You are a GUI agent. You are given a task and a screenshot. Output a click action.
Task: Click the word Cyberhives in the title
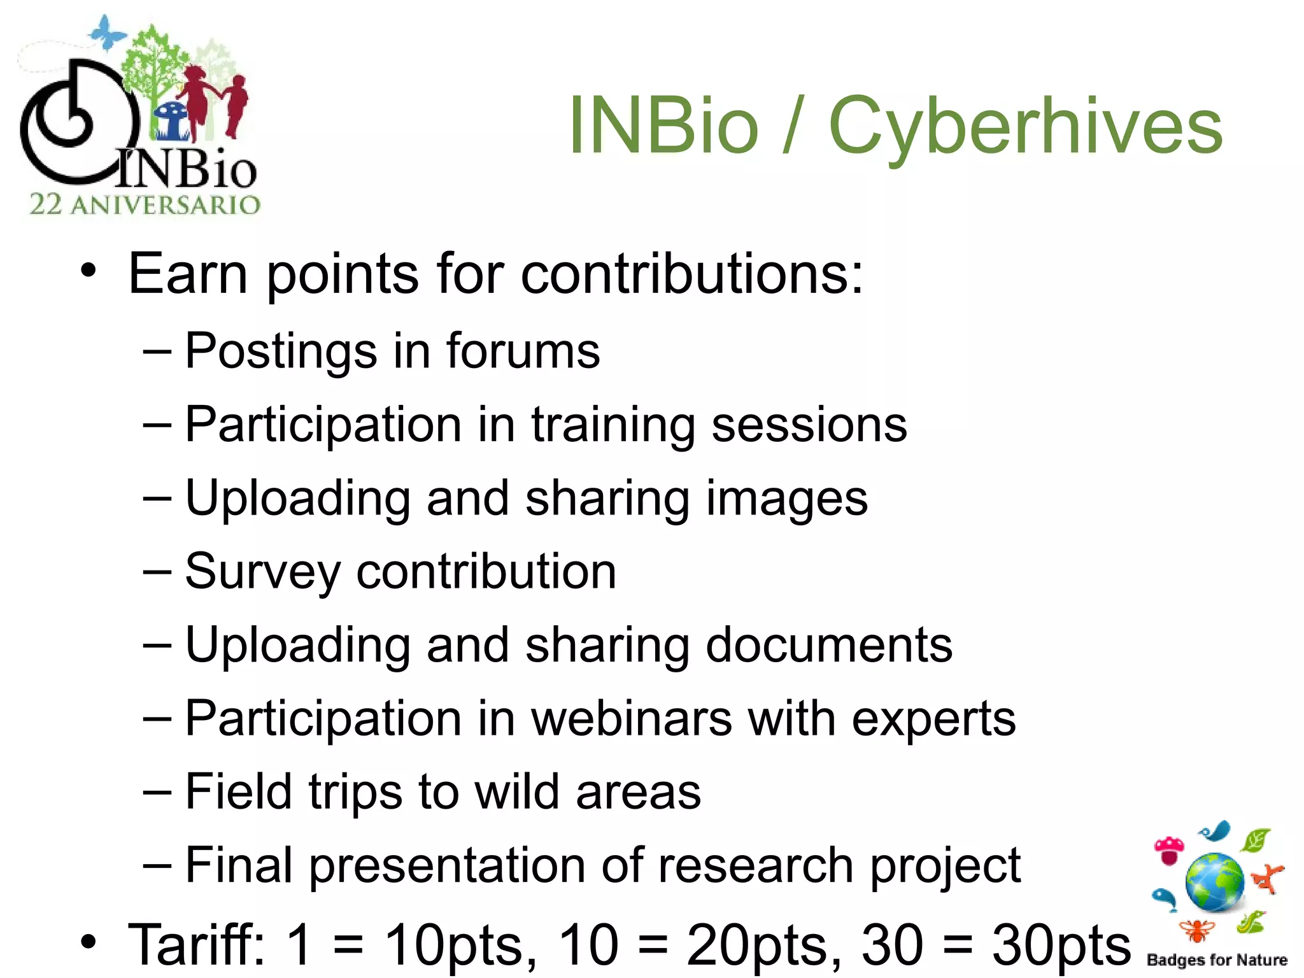(x=1025, y=126)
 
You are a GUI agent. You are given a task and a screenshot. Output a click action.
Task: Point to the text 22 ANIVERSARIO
(x=145, y=205)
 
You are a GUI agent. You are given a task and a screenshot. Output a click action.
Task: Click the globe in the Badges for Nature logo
(x=1215, y=883)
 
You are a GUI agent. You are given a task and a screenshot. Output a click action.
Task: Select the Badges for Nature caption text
(x=1217, y=960)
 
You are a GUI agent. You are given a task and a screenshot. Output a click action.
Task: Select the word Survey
(x=263, y=572)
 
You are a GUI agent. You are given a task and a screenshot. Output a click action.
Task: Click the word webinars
(x=632, y=719)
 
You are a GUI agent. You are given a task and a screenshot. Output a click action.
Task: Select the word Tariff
(x=196, y=944)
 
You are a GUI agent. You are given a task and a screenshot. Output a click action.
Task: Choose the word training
(x=613, y=425)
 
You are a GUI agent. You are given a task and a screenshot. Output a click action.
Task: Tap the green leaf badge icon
(x=1256, y=840)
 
